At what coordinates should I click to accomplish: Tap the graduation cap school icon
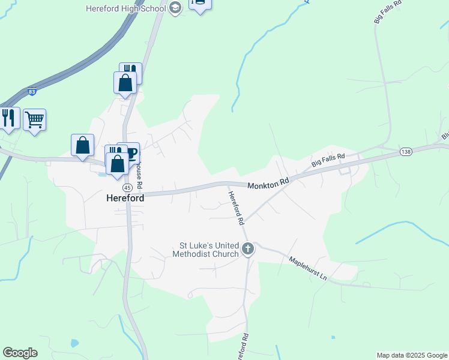175,8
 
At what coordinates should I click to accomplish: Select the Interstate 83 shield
32,92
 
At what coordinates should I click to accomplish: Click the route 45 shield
110,188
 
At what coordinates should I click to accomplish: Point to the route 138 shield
406,152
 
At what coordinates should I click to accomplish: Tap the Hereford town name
124,197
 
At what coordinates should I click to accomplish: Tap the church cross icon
248,249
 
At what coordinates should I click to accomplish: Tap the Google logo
20,353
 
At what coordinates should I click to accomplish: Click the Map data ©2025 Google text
412,355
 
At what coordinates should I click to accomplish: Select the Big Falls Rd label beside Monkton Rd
328,160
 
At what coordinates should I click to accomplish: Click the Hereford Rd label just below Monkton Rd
237,208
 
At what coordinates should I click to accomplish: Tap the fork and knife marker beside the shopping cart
8,118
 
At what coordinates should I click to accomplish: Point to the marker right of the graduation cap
199,3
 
